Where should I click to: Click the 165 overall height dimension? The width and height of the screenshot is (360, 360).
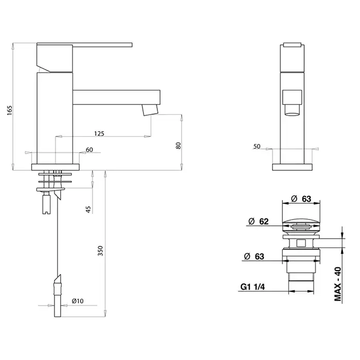point(10,111)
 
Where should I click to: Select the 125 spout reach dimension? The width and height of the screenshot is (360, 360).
point(99,133)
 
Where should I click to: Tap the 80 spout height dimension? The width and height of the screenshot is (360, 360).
point(178,146)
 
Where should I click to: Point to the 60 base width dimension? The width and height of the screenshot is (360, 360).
point(89,150)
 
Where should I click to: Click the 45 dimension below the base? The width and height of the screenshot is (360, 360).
point(88,209)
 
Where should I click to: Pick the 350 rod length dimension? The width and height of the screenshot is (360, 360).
point(100,251)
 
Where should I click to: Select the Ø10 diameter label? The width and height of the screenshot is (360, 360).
point(78,301)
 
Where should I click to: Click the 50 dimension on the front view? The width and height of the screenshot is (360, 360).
point(257,146)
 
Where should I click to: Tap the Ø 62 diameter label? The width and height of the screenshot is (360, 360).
point(259,221)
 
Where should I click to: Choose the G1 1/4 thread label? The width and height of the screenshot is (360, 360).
point(253,287)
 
